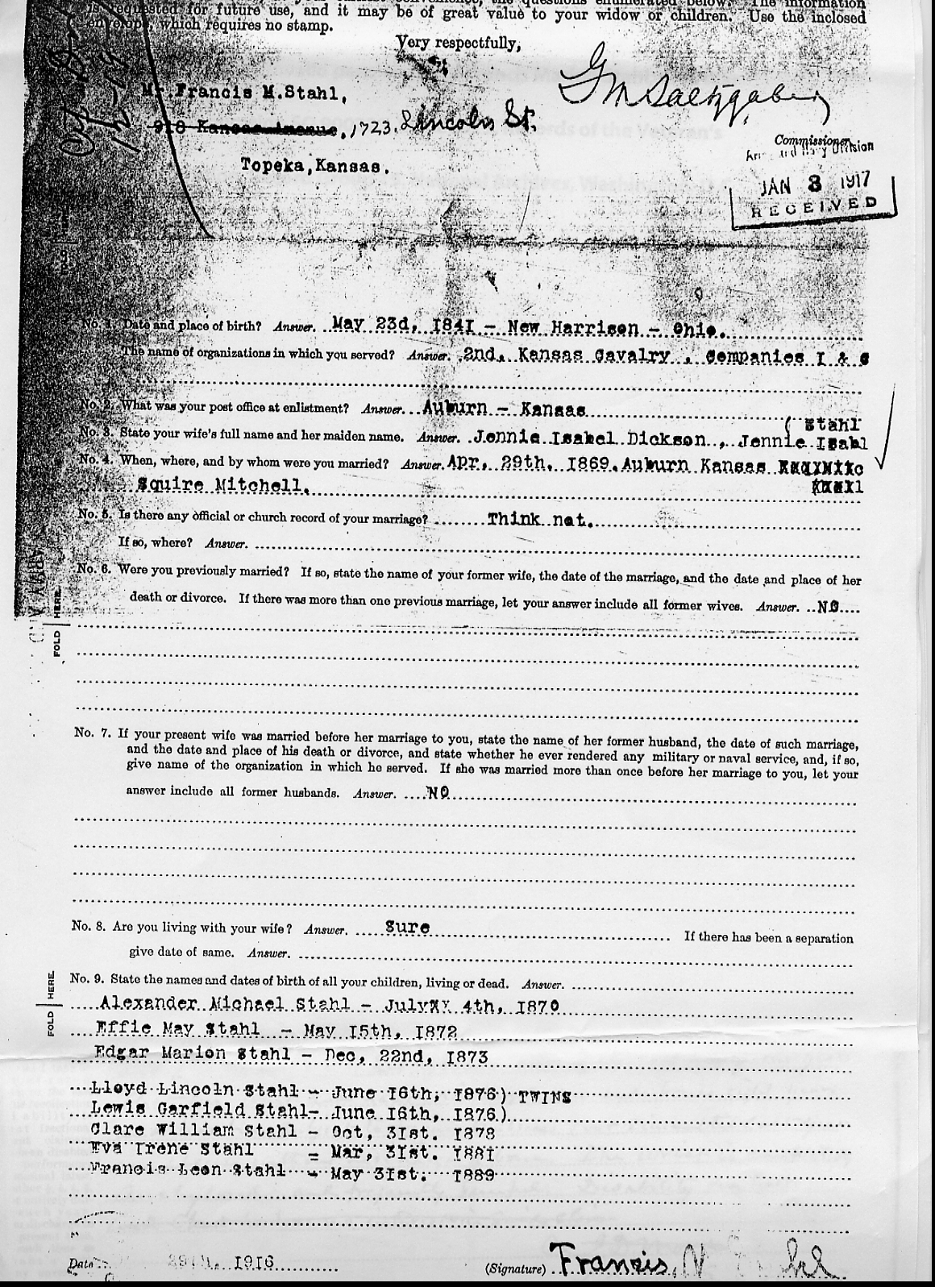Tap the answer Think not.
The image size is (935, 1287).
[539, 520]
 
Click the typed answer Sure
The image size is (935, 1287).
[407, 927]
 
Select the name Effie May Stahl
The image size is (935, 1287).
[177, 1029]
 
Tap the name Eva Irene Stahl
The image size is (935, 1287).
[173, 1150]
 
